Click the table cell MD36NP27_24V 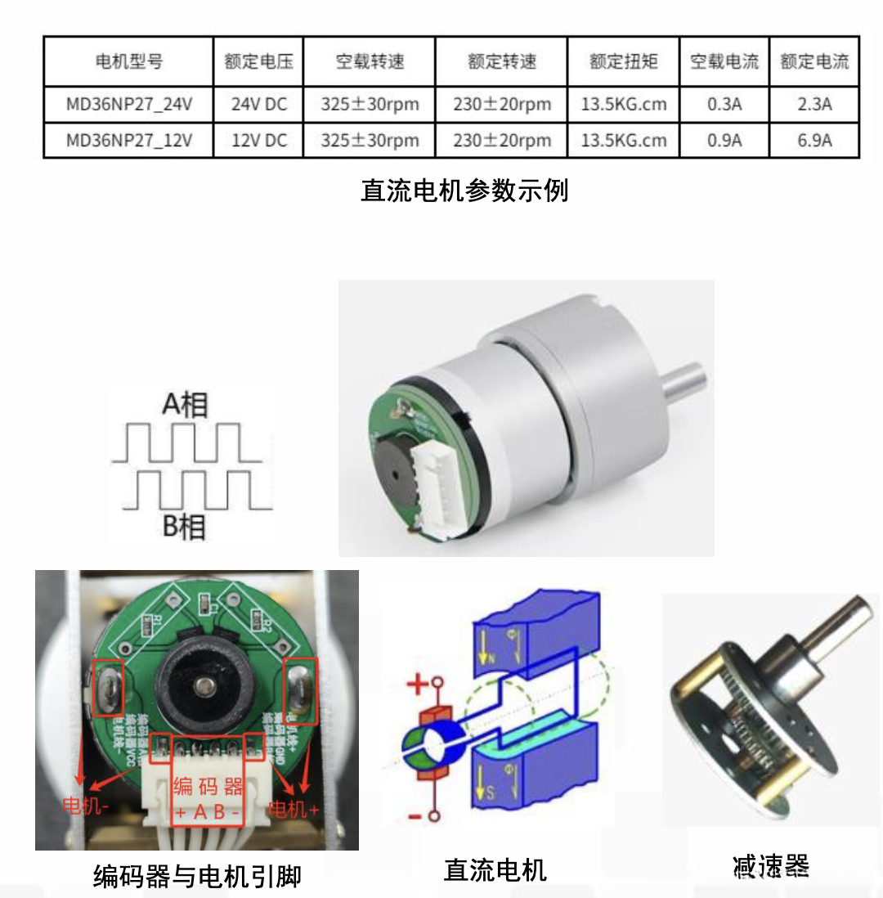[x=128, y=105]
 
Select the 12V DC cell [x=258, y=140]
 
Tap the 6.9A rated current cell [x=814, y=140]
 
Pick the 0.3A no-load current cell [x=724, y=105]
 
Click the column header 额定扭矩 [x=623, y=61]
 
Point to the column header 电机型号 [x=128, y=61]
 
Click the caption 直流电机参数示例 [x=464, y=191]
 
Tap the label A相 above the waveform [x=185, y=405]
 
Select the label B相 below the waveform [x=184, y=528]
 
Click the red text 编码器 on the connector [x=208, y=787]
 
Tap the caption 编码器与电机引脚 [x=197, y=877]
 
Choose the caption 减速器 [x=771, y=865]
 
